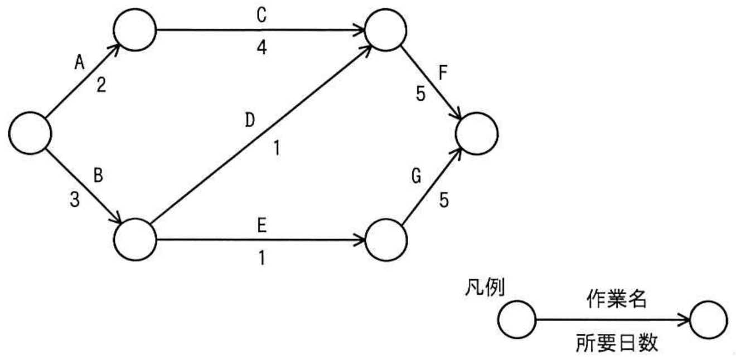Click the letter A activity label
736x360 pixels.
click(80, 62)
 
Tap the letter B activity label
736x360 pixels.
click(98, 175)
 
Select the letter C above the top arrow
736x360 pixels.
click(262, 16)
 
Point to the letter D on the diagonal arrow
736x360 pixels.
click(250, 120)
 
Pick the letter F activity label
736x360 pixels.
click(443, 73)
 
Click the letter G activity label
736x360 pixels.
click(417, 177)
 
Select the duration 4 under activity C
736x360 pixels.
click(262, 47)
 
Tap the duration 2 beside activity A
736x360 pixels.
click(101, 84)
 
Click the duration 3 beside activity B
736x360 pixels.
click(75, 200)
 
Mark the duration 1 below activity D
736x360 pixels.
click(277, 148)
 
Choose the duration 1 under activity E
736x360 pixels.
click(262, 258)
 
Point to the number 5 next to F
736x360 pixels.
click(420, 94)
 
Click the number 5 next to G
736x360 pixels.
click(444, 200)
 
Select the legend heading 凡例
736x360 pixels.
click(485, 287)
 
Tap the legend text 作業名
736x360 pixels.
click(617, 299)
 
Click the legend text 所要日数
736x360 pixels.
click(617, 343)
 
